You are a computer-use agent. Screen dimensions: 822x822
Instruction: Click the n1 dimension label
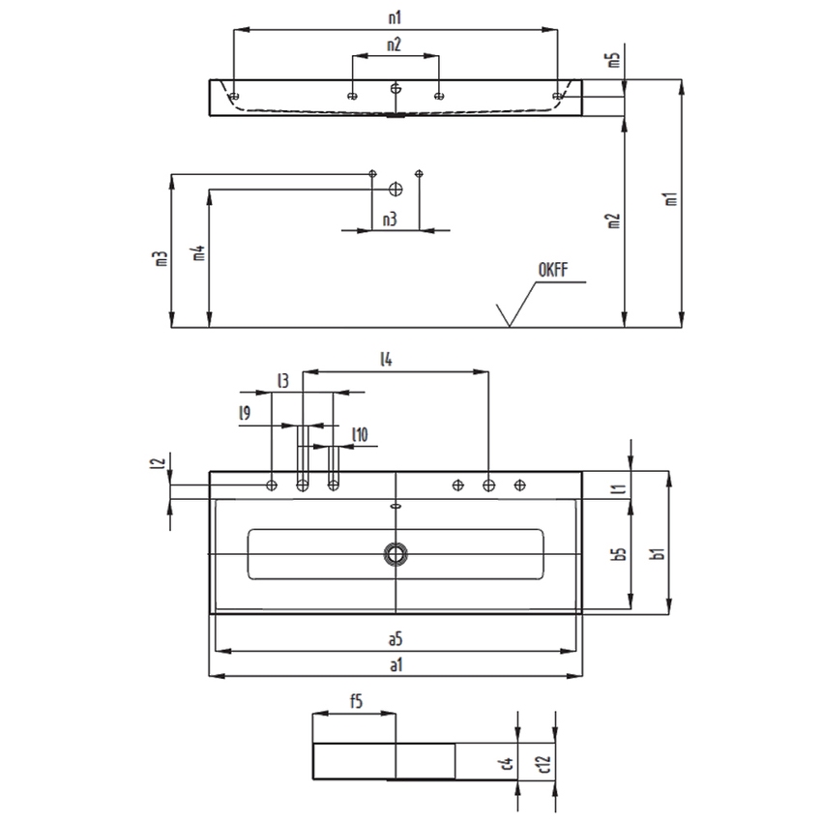coord(395,17)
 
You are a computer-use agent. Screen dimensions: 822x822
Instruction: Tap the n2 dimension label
coord(395,44)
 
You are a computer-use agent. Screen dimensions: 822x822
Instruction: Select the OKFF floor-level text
coord(553,270)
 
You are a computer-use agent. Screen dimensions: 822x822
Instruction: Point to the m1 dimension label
coord(671,198)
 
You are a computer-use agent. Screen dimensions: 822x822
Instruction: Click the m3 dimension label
coord(161,258)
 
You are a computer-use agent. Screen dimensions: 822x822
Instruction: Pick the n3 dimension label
coord(390,220)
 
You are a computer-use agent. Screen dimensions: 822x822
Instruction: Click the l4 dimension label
coord(386,359)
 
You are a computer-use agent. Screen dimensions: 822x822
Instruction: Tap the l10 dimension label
coord(360,434)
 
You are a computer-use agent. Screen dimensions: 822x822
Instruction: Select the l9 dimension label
coord(245,413)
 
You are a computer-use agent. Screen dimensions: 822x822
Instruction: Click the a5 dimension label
coord(396,639)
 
